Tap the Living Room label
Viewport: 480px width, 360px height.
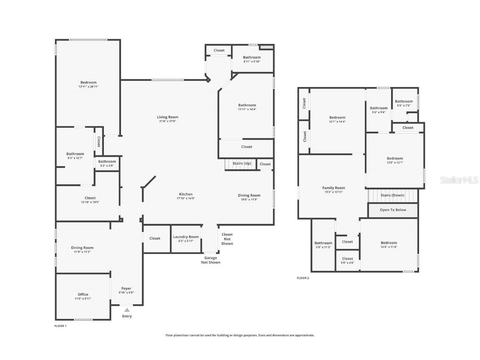click(167, 117)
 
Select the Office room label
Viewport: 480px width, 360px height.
click(83, 295)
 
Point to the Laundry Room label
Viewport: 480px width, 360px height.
click(186, 237)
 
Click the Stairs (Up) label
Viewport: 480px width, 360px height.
click(242, 164)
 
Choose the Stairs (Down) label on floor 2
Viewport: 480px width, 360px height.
click(392, 195)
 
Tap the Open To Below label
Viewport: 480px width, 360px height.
click(393, 210)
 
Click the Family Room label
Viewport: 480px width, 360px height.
click(334, 188)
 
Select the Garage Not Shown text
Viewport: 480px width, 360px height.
click(211, 260)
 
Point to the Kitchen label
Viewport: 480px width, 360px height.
click(186, 194)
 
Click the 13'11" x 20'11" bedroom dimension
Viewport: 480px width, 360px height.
click(88, 87)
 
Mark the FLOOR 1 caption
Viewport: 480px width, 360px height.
click(60, 326)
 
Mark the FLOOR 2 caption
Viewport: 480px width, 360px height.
click(303, 278)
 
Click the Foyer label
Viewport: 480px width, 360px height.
click(126, 289)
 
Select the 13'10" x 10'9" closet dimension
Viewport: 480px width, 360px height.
click(90, 202)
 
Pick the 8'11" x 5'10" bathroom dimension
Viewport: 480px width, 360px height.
click(252, 62)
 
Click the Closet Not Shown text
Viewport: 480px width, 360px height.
click(227, 239)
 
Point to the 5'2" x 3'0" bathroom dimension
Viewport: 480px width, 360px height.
click(107, 166)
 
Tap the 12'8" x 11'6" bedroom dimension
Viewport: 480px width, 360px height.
click(389, 247)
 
